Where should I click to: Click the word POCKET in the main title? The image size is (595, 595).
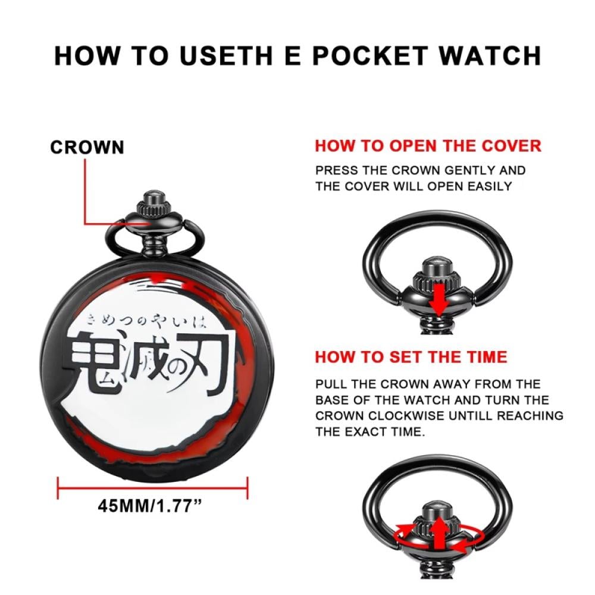pyautogui.click(x=370, y=56)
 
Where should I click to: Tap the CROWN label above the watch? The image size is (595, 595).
pyautogui.click(x=87, y=147)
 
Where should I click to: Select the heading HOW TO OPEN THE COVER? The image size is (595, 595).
pyautogui.click(x=428, y=146)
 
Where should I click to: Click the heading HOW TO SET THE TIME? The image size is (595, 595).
pyautogui.click(x=411, y=357)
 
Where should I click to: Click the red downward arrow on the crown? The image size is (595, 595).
pyautogui.click(x=439, y=299)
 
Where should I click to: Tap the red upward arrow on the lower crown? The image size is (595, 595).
pyautogui.click(x=439, y=533)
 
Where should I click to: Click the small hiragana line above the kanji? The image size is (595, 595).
pyautogui.click(x=147, y=322)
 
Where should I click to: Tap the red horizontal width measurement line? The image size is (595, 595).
pyautogui.click(x=152, y=488)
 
